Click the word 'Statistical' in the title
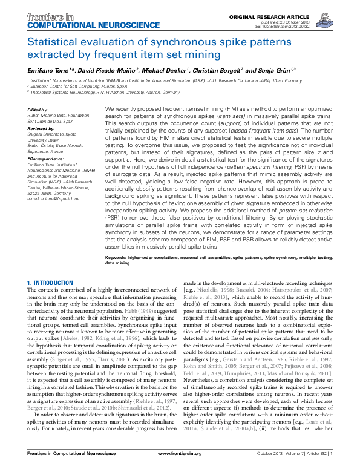pos(54,42)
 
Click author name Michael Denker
pos(168,70)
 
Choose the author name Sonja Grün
pos(273,70)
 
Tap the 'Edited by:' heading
pos(38,110)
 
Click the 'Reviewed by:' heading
pos(41,129)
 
